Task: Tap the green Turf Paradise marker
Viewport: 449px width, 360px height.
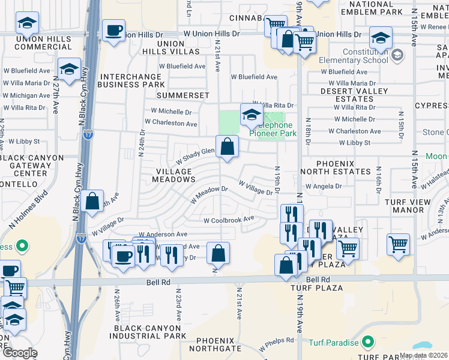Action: pyautogui.click(x=368, y=343)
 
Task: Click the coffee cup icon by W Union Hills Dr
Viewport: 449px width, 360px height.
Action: pyautogui.click(x=113, y=30)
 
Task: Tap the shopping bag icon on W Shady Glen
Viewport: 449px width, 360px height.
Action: pyautogui.click(x=227, y=146)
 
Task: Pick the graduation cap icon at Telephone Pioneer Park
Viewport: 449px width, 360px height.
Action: pyautogui.click(x=250, y=114)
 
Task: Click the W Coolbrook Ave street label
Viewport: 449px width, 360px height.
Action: pyautogui.click(x=229, y=220)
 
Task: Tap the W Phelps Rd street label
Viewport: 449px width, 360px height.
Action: pyautogui.click(x=276, y=344)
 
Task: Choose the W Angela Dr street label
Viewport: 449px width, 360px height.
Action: pyautogui.click(x=323, y=186)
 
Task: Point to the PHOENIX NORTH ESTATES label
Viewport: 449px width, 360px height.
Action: pyautogui.click(x=335, y=167)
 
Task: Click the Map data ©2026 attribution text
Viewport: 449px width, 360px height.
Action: pyautogui.click(x=423, y=355)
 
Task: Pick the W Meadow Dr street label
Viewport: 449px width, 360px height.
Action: pyautogui.click(x=210, y=195)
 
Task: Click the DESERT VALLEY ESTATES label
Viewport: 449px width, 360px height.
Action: pyautogui.click(x=346, y=95)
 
